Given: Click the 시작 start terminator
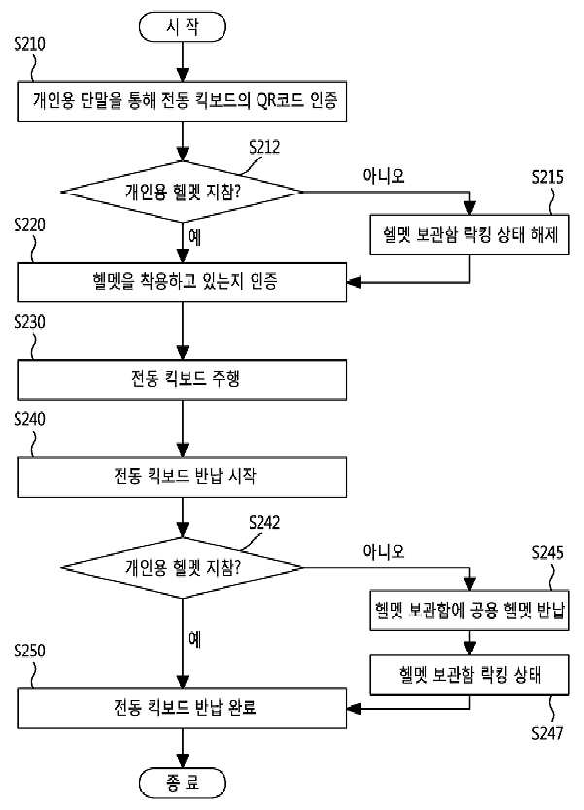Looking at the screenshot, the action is pyautogui.click(x=183, y=27).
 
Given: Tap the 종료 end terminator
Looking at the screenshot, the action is pyautogui.click(x=183, y=783).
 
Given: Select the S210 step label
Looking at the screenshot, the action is pyautogui.click(x=29, y=44).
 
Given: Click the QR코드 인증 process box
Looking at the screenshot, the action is pyautogui.click(x=183, y=101).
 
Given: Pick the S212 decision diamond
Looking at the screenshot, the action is pyautogui.click(x=183, y=193).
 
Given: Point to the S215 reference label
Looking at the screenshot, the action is pyautogui.click(x=547, y=177).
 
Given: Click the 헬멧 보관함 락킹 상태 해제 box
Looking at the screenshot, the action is pyautogui.click(x=469, y=234).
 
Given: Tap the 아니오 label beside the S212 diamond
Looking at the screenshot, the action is pyautogui.click(x=383, y=176).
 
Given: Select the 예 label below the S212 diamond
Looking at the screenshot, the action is pyautogui.click(x=194, y=237).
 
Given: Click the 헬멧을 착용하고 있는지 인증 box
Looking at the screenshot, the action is pyautogui.click(x=183, y=282).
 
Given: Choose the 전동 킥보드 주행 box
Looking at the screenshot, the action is pyautogui.click(x=183, y=379).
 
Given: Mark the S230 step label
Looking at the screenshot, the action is pyautogui.click(x=29, y=322).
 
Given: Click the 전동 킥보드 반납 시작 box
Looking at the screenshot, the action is pyautogui.click(x=183, y=476).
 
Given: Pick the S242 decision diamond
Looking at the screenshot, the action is pyautogui.click(x=183, y=568).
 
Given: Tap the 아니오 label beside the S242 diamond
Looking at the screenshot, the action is pyautogui.click(x=383, y=551).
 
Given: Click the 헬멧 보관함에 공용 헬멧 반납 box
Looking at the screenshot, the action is pyautogui.click(x=469, y=610).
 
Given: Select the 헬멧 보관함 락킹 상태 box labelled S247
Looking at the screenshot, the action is pyautogui.click(x=469, y=675).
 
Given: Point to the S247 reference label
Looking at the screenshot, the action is pyautogui.click(x=547, y=732).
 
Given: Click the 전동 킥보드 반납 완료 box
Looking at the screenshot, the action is pyautogui.click(x=183, y=708).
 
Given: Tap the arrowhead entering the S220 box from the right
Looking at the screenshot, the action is pyautogui.click(x=354, y=282).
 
